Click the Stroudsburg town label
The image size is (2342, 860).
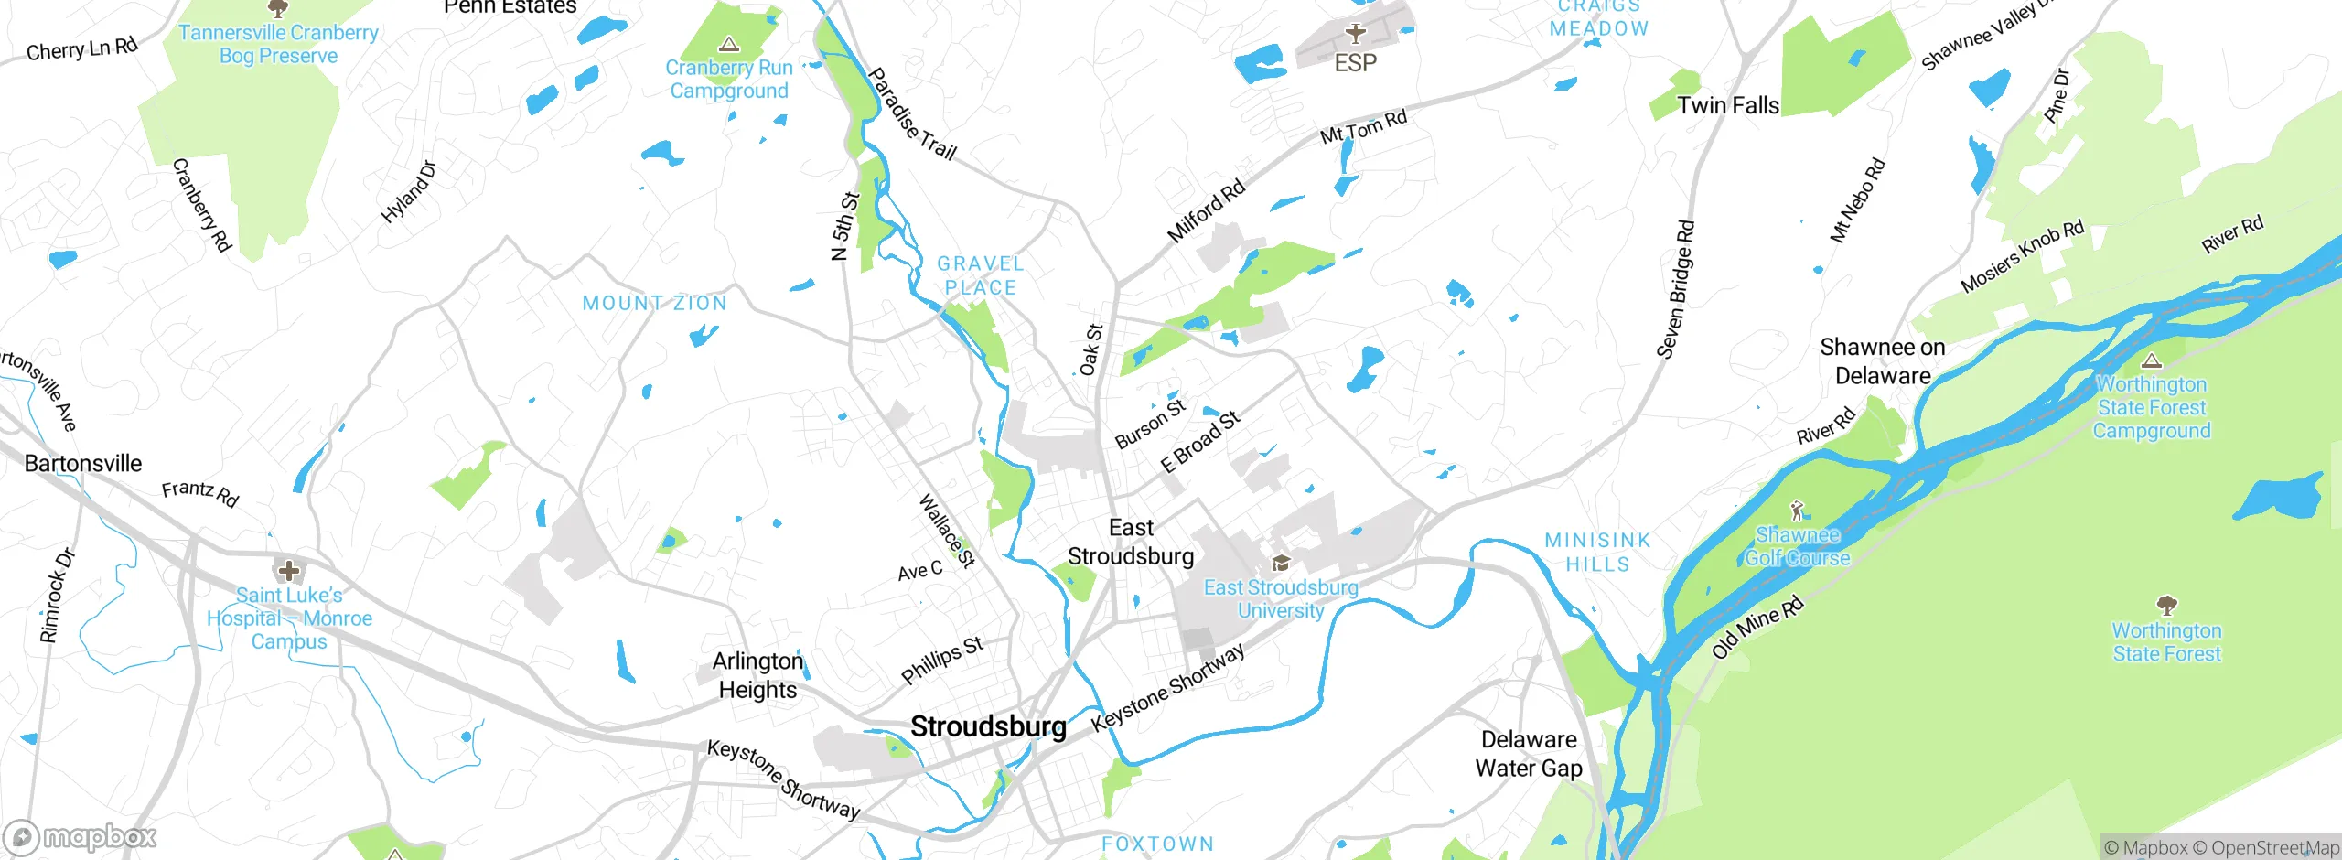[x=988, y=727]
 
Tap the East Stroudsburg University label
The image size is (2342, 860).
[x=1281, y=599]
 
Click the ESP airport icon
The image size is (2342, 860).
[x=1356, y=34]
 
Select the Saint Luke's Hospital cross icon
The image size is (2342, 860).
[x=289, y=572]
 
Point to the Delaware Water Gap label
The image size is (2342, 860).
[x=1529, y=754]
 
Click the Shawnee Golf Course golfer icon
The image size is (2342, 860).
[x=1798, y=511]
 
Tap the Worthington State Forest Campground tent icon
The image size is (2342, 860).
[x=2152, y=360]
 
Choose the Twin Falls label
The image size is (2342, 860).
[x=1728, y=106]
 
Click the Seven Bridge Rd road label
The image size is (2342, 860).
[x=1676, y=289]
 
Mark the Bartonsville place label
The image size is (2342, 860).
[x=83, y=464]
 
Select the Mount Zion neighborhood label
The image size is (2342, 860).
[x=655, y=303]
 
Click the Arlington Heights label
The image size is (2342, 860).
[x=757, y=675]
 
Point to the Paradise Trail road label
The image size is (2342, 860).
[x=911, y=114]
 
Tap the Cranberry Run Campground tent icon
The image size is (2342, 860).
[x=729, y=44]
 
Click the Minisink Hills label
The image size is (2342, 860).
[x=1597, y=553]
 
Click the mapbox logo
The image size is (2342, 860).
[x=81, y=836]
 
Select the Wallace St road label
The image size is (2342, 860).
[x=947, y=531]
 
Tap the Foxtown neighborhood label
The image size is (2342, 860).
[x=1157, y=844]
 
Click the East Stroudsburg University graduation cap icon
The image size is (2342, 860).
[x=1281, y=563]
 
